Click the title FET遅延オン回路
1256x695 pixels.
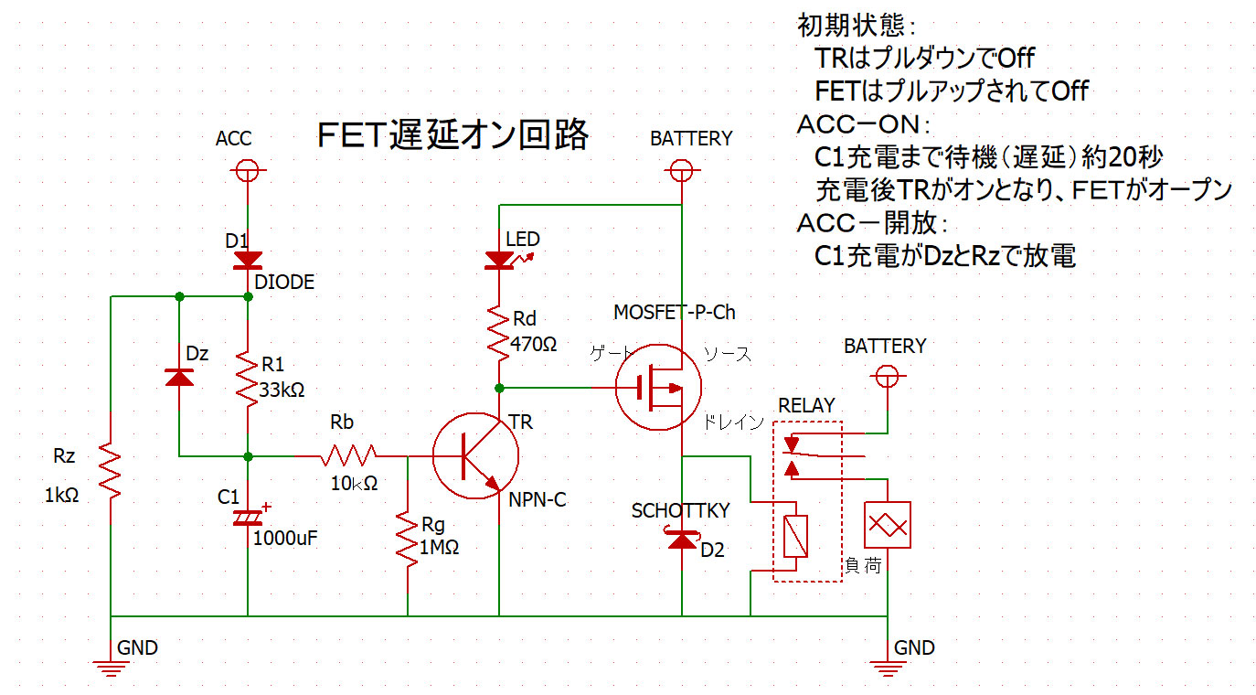(x=452, y=136)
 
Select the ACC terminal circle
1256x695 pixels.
(x=247, y=170)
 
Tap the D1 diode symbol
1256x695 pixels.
(x=247, y=262)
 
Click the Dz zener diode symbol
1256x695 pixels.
(x=179, y=376)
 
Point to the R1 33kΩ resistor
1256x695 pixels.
(x=247, y=378)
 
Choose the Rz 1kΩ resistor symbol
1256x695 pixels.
(x=110, y=470)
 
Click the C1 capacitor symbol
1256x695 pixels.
(x=247, y=518)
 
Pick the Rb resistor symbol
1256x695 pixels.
(x=347, y=455)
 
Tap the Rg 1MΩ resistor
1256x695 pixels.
(x=408, y=540)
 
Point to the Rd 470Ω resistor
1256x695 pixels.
(x=499, y=332)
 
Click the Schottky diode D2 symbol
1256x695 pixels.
(x=682, y=540)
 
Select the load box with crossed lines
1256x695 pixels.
(x=887, y=525)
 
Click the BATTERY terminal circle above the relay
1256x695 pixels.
(x=885, y=376)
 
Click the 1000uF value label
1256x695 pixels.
(x=285, y=538)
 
